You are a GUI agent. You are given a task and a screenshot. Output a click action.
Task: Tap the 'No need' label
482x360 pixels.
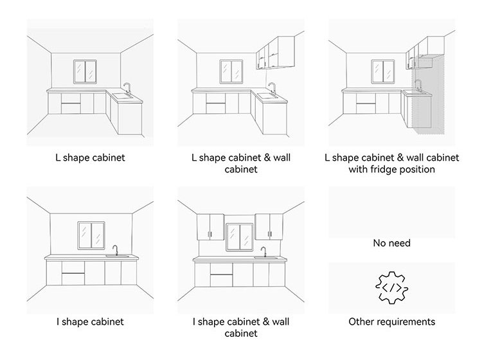(x=391, y=244)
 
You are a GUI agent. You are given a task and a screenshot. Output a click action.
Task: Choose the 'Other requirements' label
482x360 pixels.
(x=391, y=321)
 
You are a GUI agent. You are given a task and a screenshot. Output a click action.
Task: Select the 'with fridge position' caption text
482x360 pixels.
(x=391, y=170)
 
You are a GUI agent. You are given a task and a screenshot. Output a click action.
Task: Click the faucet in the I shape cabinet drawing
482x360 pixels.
(x=116, y=250)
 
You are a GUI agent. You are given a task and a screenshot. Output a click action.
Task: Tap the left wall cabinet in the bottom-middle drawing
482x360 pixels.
(x=209, y=226)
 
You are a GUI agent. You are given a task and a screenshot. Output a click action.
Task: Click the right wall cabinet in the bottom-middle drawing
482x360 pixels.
(x=270, y=225)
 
